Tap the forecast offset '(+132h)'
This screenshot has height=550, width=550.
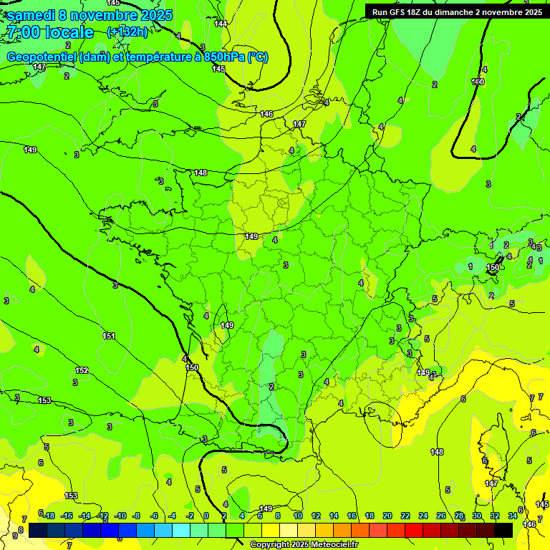click(127, 32)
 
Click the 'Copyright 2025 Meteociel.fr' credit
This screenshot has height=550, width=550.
click(304, 545)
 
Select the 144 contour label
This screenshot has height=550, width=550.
click(221, 24)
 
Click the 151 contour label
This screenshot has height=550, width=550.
click(109, 336)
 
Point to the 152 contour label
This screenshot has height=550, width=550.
click(82, 370)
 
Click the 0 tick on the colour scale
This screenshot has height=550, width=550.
click(206, 516)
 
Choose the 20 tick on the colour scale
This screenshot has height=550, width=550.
click(387, 516)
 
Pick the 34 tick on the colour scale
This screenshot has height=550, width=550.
click(513, 516)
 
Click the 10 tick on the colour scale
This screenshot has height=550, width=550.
click(296, 516)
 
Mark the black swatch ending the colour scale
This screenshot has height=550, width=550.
click(503, 530)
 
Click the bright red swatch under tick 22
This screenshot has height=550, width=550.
click(414, 530)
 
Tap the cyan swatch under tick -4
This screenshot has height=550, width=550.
click(180, 530)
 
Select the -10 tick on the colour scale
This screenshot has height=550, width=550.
click(120, 516)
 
